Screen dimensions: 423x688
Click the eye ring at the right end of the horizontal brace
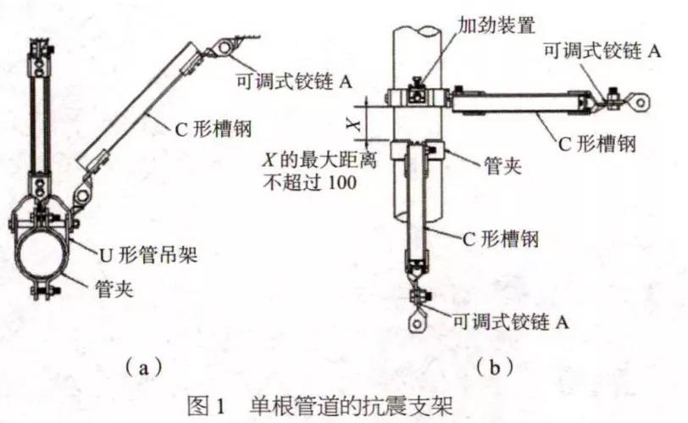click(x=641, y=103)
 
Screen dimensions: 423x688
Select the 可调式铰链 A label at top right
click(x=602, y=50)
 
